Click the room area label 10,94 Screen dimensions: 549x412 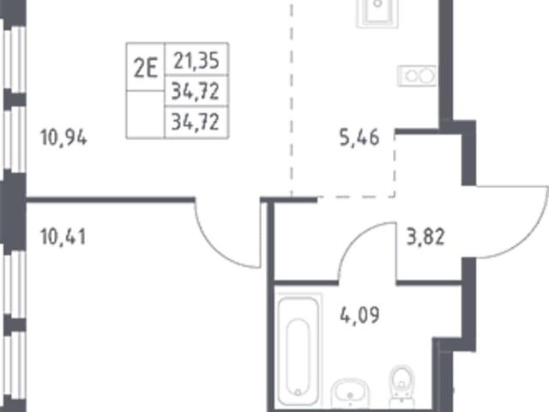coord(63,137)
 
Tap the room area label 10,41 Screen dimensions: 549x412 coord(63,237)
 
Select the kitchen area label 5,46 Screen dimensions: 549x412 coord(359,137)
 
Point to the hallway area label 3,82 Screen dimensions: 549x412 coord(425,236)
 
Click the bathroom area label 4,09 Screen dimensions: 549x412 coord(359,315)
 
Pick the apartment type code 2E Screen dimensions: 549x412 coord(145,68)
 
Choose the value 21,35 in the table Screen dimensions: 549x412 coord(196,61)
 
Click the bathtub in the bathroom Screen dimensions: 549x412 coord(299,350)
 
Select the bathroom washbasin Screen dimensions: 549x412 coord(350,393)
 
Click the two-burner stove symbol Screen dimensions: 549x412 coord(417,76)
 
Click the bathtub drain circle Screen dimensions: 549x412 coord(298,392)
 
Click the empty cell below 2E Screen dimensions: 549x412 coord(145,114)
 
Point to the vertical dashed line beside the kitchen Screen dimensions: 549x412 coord(292,98)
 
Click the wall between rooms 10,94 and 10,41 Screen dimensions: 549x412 coord(111,200)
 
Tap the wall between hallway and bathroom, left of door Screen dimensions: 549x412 coord(306,282)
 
